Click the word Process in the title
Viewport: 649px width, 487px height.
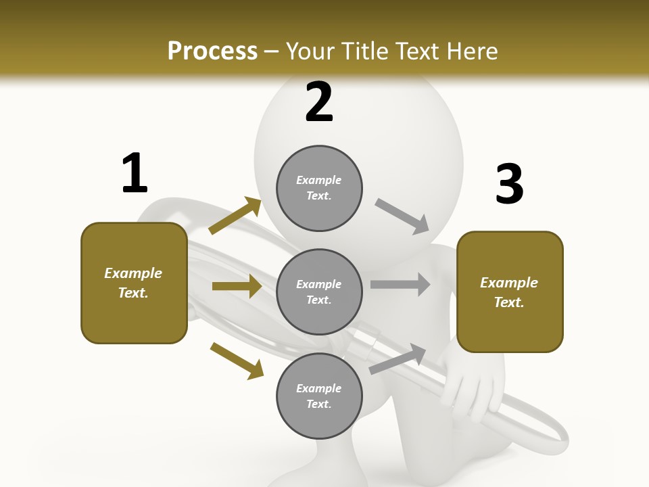(212, 51)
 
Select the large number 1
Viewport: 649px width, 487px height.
(135, 174)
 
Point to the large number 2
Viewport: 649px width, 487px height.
(319, 102)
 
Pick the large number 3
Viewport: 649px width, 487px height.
(509, 184)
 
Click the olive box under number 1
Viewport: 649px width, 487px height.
(134, 283)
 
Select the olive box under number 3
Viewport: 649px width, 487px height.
(510, 292)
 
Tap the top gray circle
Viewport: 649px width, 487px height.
(319, 188)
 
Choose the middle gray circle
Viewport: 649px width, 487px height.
(319, 292)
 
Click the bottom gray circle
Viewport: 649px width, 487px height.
(319, 396)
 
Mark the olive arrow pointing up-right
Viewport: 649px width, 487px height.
(235, 216)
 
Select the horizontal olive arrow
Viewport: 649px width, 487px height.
(237, 286)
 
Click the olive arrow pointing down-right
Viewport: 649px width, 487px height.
(237, 361)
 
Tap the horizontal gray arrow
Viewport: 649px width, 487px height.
(400, 284)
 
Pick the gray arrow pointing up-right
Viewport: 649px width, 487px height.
(398, 358)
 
